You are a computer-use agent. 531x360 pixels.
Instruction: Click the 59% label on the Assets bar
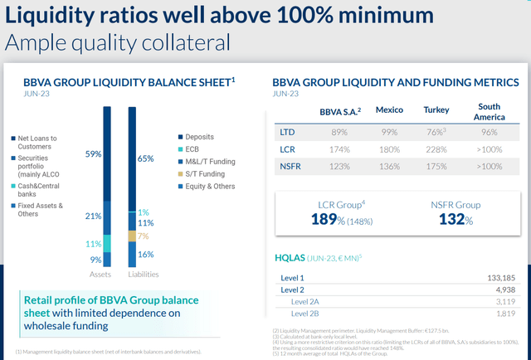pyautogui.click(x=93, y=153)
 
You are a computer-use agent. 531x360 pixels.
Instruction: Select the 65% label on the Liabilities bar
pyautogui.click(x=145, y=158)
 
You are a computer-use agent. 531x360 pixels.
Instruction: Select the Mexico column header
pyautogui.click(x=389, y=109)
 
